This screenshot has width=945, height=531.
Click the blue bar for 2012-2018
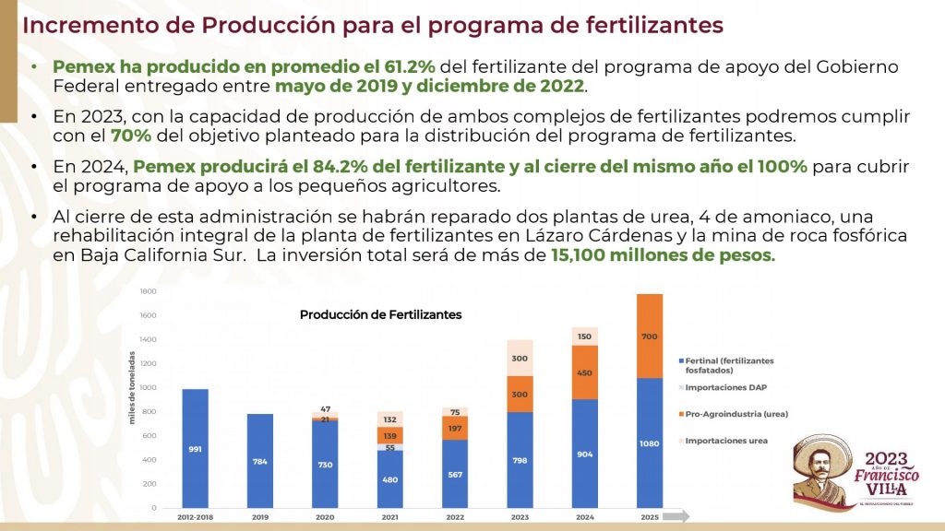point(195,448)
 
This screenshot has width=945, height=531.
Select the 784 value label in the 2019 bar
point(259,461)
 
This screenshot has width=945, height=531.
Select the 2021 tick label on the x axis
point(389,518)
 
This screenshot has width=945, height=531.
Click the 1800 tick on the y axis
point(148,291)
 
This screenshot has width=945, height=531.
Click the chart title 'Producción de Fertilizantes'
point(380,314)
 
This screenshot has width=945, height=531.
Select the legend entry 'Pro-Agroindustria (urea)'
point(736,414)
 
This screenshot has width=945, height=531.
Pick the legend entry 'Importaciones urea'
point(727,441)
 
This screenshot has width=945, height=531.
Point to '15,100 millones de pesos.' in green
point(663,255)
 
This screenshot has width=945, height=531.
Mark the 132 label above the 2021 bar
point(389,419)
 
